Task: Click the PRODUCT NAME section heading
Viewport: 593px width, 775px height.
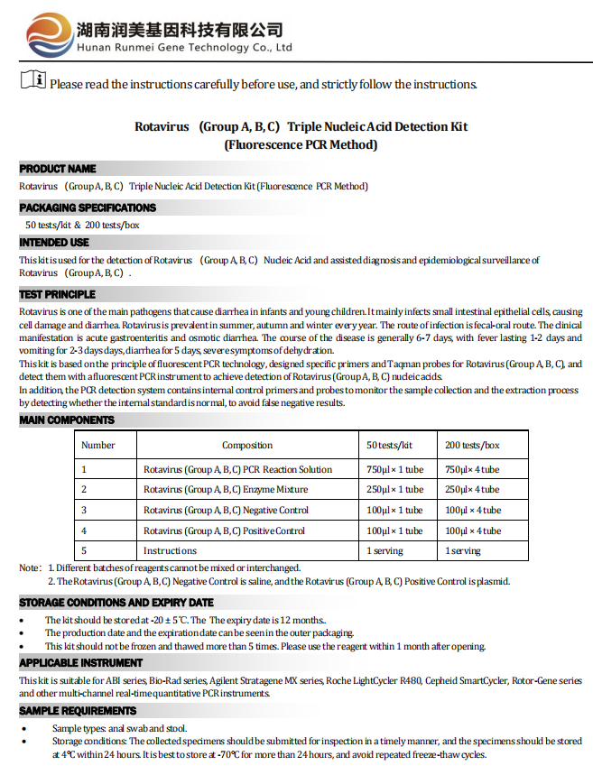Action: pyautogui.click(x=58, y=169)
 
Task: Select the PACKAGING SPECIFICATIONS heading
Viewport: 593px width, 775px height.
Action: pyautogui.click(x=88, y=208)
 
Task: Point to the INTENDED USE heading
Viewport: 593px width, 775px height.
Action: pyautogui.click(x=54, y=243)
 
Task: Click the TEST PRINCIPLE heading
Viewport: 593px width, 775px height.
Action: pyautogui.click(x=57, y=294)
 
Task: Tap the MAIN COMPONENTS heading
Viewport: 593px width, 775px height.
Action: pyautogui.click(x=67, y=420)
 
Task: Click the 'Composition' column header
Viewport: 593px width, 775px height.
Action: pyautogui.click(x=247, y=445)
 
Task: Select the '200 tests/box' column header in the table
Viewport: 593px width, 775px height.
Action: pyautogui.click(x=472, y=445)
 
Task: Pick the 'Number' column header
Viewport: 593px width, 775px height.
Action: pyautogui.click(x=98, y=445)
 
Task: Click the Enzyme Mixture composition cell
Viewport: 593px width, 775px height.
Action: pyautogui.click(x=226, y=489)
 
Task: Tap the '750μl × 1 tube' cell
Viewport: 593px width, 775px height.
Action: pyautogui.click(x=394, y=469)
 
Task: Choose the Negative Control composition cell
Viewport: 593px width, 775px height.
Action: pyautogui.click(x=226, y=510)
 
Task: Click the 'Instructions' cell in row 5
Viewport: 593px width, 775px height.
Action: pyautogui.click(x=170, y=550)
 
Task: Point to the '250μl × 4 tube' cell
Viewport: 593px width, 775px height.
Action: pyautogui.click(x=472, y=489)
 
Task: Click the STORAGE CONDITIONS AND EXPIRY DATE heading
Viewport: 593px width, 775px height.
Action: pyautogui.click(x=116, y=603)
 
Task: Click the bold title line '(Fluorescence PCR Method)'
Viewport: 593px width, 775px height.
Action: pyautogui.click(x=301, y=144)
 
